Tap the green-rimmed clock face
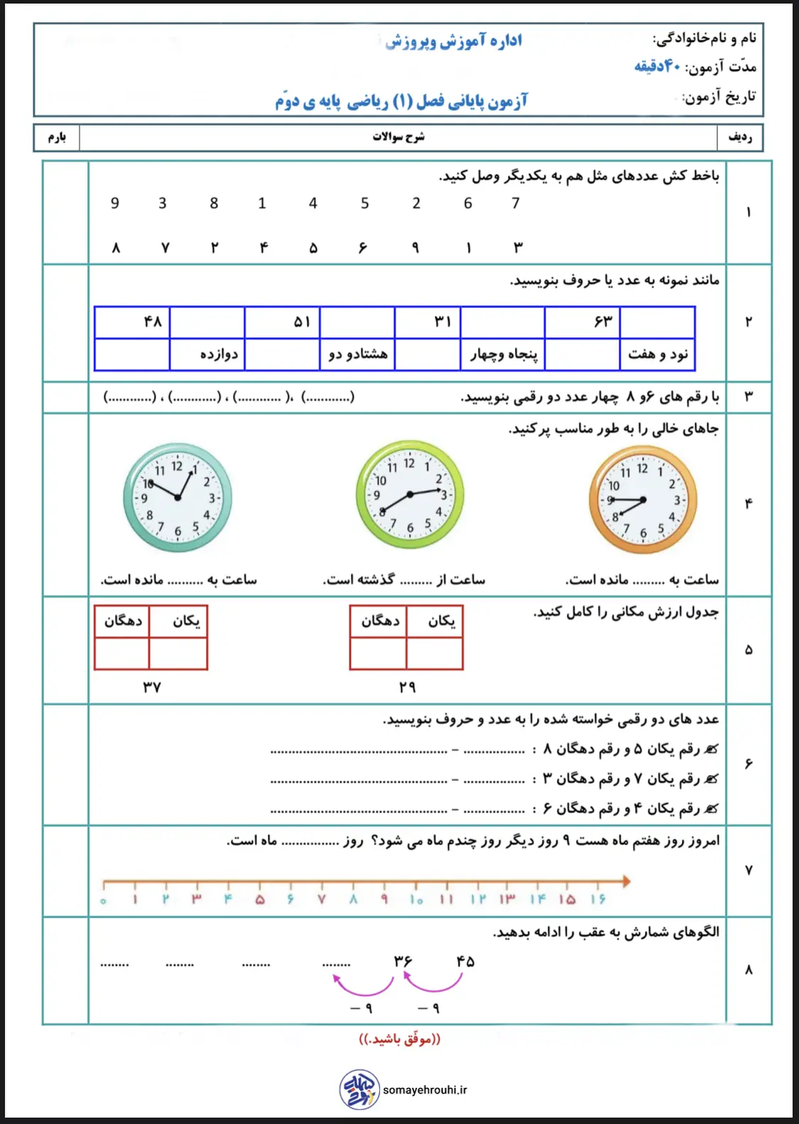point(410,494)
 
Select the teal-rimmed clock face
point(178,497)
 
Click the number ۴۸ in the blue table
point(153,322)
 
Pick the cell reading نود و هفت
point(658,354)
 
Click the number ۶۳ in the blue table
point(603,322)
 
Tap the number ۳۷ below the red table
point(152,687)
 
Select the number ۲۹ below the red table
point(407,687)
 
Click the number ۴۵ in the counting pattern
point(465,962)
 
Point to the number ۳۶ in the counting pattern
point(403,962)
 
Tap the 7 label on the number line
point(322,900)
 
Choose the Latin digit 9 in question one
point(115,204)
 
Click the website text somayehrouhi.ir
point(425,1090)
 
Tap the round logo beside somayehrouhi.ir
point(359,1089)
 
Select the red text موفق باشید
point(399,1040)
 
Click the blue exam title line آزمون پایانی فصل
point(401,101)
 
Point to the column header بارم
point(57,137)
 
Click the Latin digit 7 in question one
point(516,204)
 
